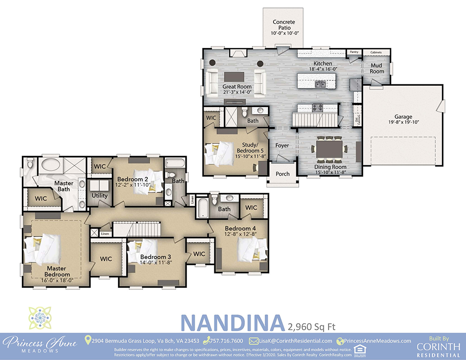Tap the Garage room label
click(x=404, y=120)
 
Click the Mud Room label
click(x=377, y=68)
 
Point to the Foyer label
click(x=282, y=145)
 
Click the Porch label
click(x=282, y=174)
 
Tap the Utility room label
click(x=99, y=196)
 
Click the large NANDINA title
click(x=232, y=323)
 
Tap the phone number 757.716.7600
click(x=226, y=341)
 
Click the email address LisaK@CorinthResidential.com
click(x=295, y=341)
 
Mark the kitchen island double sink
click(x=320, y=84)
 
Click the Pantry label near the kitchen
click(x=355, y=52)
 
